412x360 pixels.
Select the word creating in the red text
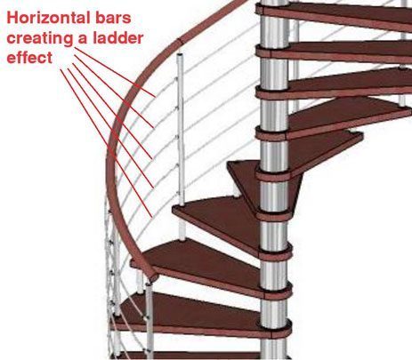point(40,38)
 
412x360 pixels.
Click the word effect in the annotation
point(29,57)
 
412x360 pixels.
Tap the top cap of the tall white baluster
point(181,56)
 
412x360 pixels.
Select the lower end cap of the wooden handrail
point(154,277)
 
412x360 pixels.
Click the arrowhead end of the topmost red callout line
point(156,97)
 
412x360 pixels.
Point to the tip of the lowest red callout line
point(152,217)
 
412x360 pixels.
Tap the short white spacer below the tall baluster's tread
point(182,231)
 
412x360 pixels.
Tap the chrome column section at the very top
point(273,3)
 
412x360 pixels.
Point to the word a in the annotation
point(85,40)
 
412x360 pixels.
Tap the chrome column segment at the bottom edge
point(275,349)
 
